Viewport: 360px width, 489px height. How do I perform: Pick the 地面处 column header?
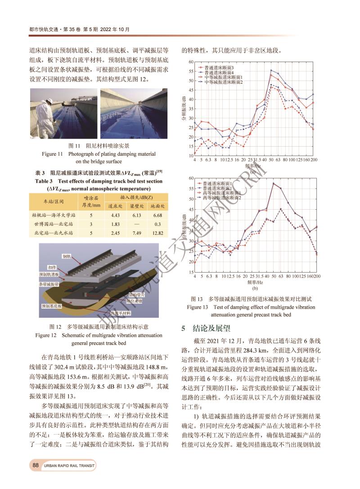pyautogui.click(x=157, y=206)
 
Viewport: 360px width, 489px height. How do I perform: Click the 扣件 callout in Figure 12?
pyautogui.click(x=51, y=267)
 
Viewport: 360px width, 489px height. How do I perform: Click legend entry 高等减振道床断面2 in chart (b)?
pyautogui.click(x=222, y=197)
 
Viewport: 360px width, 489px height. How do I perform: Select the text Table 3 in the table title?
pyautogui.click(x=44, y=181)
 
